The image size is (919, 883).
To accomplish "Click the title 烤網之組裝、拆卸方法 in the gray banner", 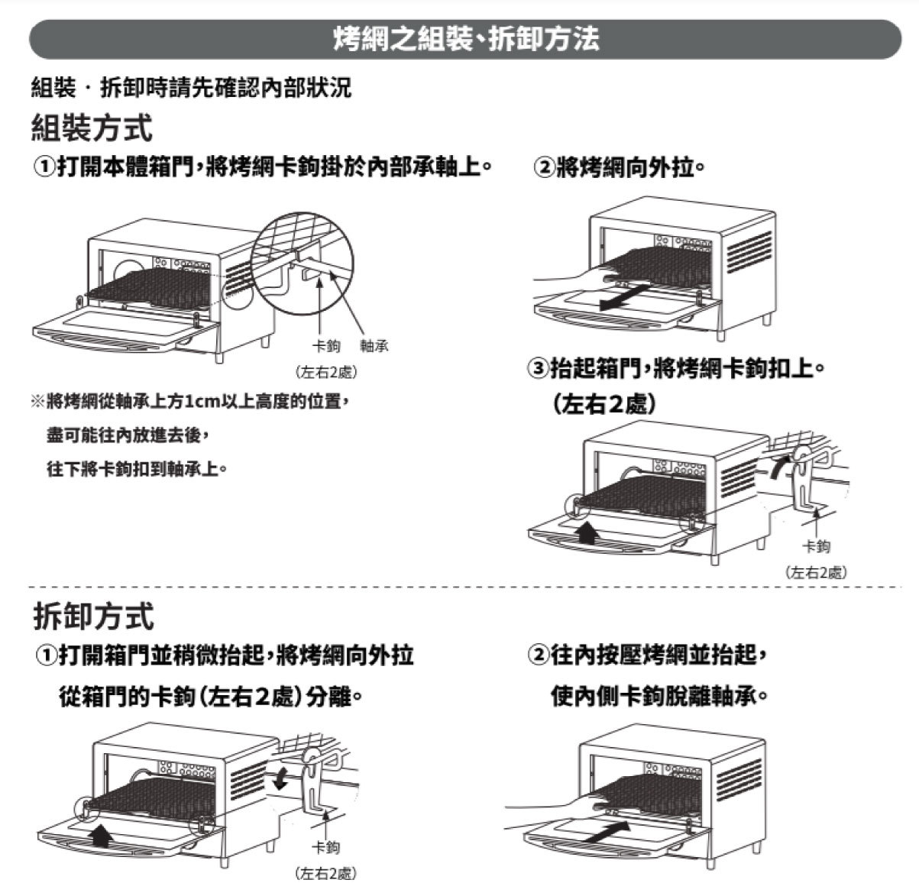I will tap(466, 40).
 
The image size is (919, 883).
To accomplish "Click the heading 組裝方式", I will tap(92, 127).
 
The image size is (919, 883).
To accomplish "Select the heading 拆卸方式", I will tap(93, 616).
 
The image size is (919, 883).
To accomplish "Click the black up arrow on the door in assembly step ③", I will tap(587, 532).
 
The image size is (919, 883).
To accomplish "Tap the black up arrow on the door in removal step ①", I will tap(99, 836).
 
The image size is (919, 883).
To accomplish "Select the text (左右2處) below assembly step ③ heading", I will tap(603, 404).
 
